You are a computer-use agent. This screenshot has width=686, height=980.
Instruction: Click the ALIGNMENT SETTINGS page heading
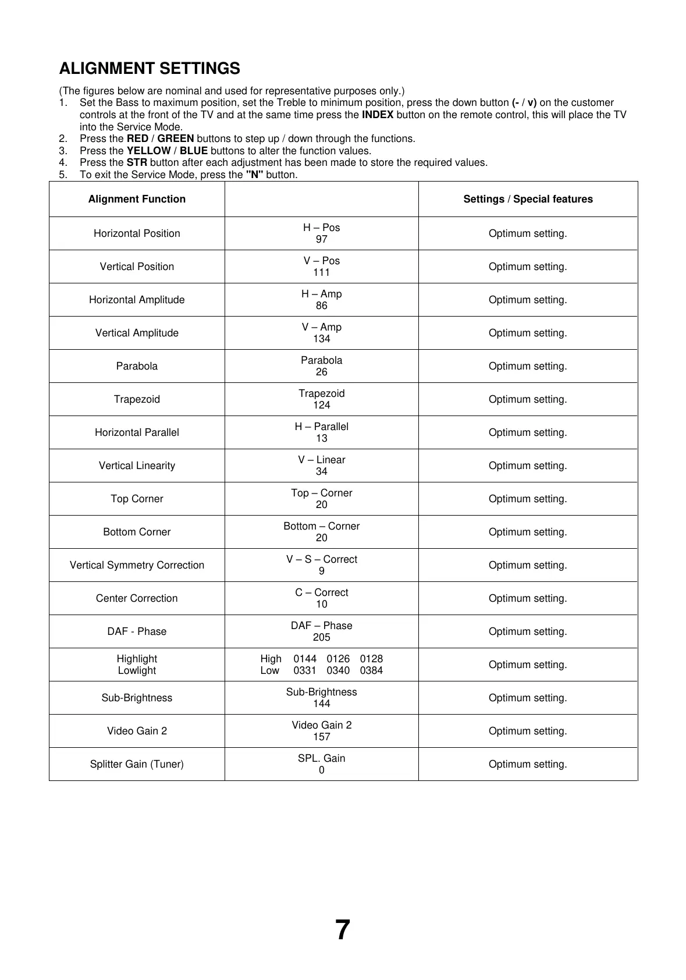tap(150, 69)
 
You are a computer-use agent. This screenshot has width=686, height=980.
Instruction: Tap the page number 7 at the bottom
tap(343, 929)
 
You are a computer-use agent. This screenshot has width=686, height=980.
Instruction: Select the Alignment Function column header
tap(137, 199)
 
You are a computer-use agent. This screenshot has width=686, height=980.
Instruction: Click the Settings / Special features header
tap(528, 199)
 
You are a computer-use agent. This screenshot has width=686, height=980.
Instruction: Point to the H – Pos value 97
tap(321, 239)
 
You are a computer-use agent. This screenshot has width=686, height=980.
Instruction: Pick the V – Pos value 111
tap(321, 272)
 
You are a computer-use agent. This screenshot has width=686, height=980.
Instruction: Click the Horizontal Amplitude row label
tap(137, 300)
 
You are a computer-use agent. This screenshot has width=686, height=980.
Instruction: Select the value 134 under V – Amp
tap(321, 339)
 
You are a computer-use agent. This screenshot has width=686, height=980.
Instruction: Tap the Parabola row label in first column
tap(137, 366)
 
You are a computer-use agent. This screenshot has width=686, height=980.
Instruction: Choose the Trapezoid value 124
tap(321, 405)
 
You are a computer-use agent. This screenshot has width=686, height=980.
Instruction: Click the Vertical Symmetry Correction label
tap(137, 565)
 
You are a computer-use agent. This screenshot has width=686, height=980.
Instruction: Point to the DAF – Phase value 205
tap(321, 637)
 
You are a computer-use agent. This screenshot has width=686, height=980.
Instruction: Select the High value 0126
tap(338, 659)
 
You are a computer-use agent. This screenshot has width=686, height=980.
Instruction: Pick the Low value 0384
tap(371, 670)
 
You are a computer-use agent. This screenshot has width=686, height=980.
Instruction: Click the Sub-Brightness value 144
tap(321, 704)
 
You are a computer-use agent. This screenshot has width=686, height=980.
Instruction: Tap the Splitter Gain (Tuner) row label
tap(137, 764)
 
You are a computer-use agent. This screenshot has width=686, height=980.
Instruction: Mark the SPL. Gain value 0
tap(321, 770)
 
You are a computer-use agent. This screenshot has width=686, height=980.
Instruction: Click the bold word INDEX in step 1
tap(378, 115)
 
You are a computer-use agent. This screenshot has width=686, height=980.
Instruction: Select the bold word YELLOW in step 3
tap(148, 151)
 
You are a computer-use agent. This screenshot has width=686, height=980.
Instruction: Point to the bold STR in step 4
tap(137, 162)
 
